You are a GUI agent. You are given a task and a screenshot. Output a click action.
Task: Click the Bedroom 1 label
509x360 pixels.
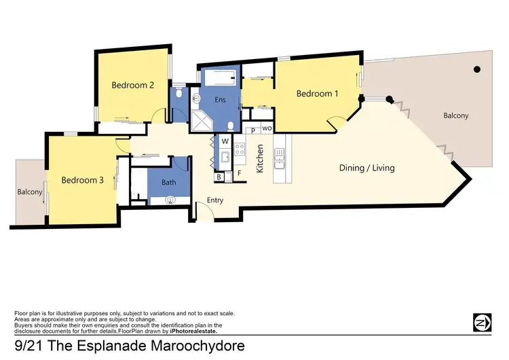click(x=317, y=94)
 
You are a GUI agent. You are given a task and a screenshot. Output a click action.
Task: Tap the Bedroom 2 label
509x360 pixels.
click(x=133, y=85)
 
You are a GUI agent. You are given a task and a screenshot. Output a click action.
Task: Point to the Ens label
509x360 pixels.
click(x=220, y=100)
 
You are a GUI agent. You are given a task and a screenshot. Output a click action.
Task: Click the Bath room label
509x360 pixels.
click(x=169, y=183)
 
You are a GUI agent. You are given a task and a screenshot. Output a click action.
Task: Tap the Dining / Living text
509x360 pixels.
click(x=366, y=168)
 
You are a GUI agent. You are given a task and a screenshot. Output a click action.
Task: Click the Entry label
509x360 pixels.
click(x=214, y=200)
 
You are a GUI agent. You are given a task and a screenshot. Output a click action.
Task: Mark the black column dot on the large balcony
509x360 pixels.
click(x=477, y=69)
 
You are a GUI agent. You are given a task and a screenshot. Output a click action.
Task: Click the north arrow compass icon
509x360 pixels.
click(x=483, y=321)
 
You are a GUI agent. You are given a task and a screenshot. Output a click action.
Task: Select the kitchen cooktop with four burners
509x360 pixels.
click(x=240, y=147)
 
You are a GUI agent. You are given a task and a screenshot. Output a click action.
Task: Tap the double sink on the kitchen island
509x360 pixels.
click(x=280, y=162)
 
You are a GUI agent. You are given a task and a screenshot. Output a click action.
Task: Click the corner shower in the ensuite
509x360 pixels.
click(x=202, y=120)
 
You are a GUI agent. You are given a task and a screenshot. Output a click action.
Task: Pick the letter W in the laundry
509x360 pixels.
click(x=225, y=142)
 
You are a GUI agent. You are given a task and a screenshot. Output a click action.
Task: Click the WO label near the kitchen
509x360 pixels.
click(x=267, y=128)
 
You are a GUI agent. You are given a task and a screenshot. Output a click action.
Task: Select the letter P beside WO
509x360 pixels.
click(x=252, y=130)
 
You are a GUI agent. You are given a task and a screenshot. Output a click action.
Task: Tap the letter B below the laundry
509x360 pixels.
click(x=219, y=177)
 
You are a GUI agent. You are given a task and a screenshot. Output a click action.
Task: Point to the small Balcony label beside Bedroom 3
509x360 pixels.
click(x=30, y=192)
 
